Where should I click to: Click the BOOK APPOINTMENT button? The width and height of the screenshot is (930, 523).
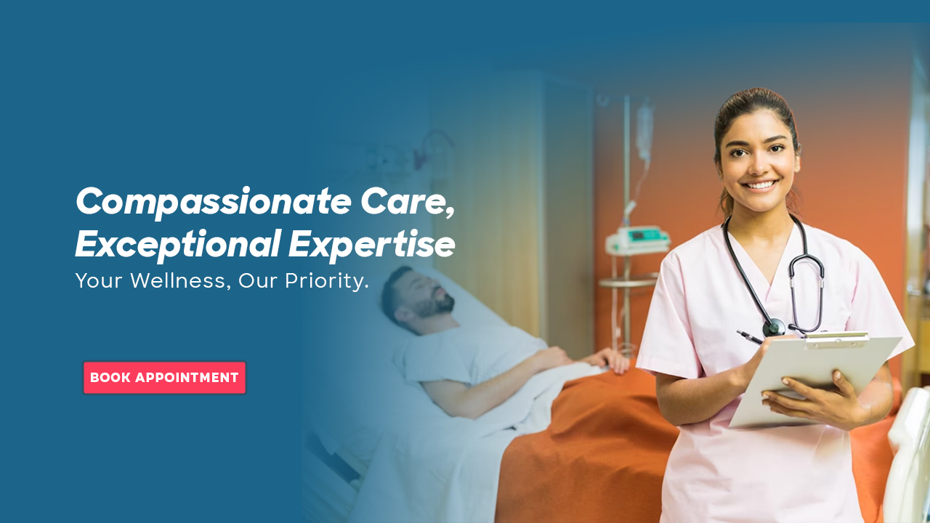(164, 378)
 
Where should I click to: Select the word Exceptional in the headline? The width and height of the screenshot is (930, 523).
(177, 245)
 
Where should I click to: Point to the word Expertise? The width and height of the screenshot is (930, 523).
(371, 245)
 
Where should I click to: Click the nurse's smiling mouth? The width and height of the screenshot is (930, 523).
(760, 185)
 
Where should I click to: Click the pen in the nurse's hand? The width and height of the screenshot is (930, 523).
(751, 337)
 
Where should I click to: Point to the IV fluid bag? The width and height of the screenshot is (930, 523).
(644, 131)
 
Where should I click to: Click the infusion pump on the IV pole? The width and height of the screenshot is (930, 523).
(637, 240)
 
